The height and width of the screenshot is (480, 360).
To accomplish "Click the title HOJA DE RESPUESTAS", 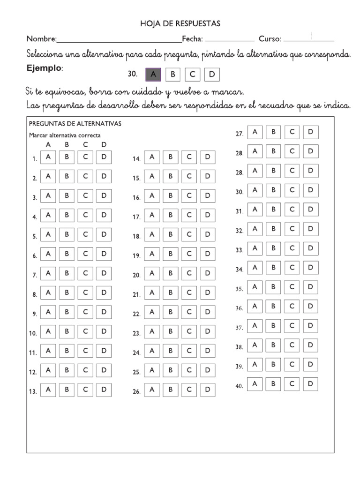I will tap(180, 23).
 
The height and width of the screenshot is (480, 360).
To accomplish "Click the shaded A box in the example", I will tap(153, 74).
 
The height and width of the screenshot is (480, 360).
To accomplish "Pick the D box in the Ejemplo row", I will tap(212, 74).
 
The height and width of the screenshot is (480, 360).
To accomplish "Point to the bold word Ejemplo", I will tap(44, 68).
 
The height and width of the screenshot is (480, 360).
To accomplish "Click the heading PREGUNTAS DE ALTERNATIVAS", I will tap(75, 124).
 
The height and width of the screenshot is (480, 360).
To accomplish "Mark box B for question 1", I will tap(67, 157).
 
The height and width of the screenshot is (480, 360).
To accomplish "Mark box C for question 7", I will tap(85, 273).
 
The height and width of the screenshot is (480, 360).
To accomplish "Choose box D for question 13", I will tap(104, 390).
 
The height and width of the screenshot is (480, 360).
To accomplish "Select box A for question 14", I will tap(152, 157).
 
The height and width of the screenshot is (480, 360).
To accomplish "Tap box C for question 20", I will tap(189, 273).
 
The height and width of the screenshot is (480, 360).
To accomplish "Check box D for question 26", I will tap(208, 390).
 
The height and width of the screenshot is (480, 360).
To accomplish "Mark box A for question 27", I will tap(255, 132).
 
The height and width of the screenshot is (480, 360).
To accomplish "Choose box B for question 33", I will tap(273, 248).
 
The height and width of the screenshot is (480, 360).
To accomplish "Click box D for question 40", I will tap(310, 384).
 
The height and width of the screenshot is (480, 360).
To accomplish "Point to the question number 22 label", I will tap(136, 315).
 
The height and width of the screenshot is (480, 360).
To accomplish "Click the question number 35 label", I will tap(239, 289).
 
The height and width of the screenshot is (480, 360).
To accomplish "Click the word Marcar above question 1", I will tap(38, 135).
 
